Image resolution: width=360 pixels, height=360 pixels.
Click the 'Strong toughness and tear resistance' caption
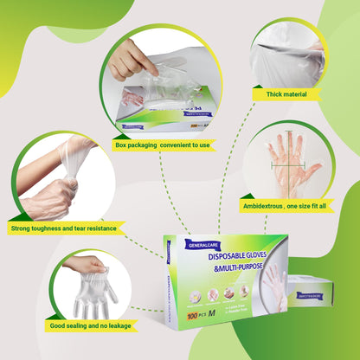pos(63,229)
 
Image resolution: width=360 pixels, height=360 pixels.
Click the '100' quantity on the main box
pos(196,318)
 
